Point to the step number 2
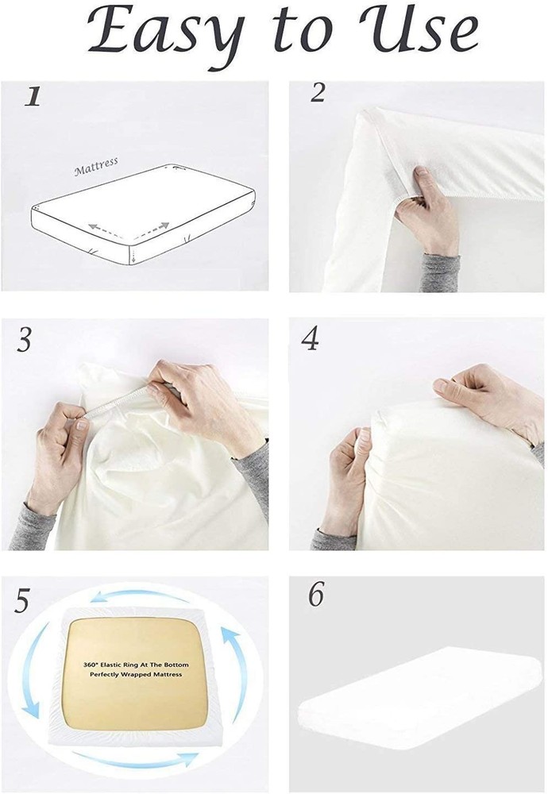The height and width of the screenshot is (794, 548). (318, 93)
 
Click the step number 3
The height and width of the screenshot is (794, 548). (24, 341)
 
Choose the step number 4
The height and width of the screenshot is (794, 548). (310, 339)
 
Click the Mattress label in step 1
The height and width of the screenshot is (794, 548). (96, 167)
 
